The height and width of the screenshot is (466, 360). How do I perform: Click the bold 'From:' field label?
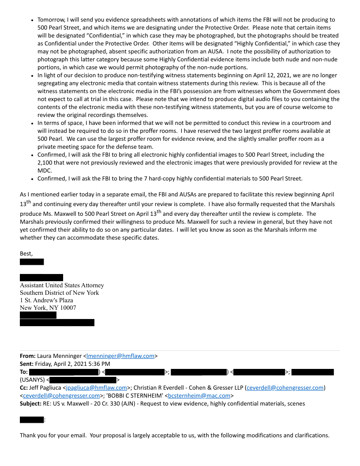28,356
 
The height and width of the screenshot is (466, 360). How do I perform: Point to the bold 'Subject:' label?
32,404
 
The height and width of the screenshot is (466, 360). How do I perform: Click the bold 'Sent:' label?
27,364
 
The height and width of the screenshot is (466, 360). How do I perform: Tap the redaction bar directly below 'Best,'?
32,262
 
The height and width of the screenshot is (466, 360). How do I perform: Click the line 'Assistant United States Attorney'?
62,286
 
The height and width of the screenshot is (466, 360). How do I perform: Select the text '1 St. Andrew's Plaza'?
46,301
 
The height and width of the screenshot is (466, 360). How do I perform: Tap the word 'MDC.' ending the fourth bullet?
45,170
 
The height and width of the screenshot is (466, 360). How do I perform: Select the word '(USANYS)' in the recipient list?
32,380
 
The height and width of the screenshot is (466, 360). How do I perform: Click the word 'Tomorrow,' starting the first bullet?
51,20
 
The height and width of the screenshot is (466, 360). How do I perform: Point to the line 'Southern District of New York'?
59,293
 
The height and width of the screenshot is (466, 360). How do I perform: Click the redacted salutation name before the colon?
32,420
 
